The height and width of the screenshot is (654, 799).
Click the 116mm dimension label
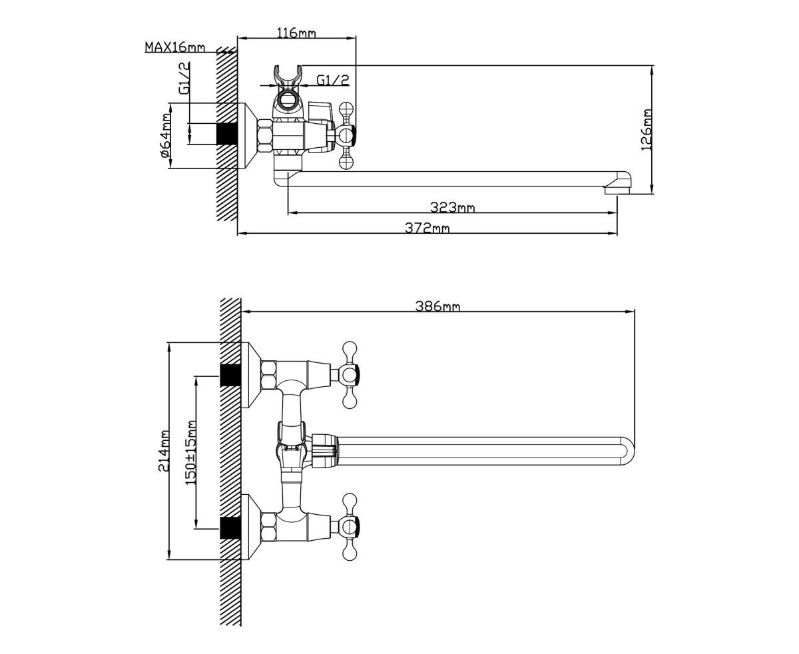[x=296, y=33]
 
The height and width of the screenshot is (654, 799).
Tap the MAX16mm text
[x=175, y=47]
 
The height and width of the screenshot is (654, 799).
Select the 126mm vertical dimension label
[x=647, y=130]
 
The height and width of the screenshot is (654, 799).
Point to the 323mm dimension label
[x=452, y=207]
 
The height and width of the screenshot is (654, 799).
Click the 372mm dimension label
[x=427, y=228]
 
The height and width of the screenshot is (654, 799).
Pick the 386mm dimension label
[x=438, y=306]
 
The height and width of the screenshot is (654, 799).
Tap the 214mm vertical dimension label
[x=164, y=450]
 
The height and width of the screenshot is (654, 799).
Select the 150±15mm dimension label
[x=191, y=452]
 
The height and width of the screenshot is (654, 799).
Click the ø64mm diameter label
[x=166, y=135]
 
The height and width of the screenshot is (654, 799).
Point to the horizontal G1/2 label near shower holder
[x=333, y=80]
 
